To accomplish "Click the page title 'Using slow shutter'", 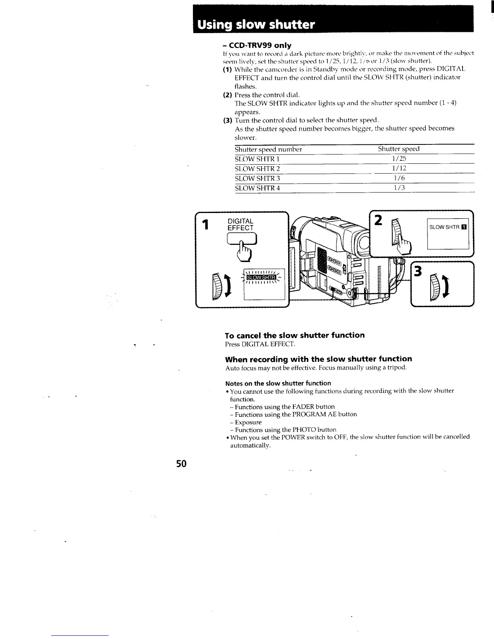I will (x=255, y=25).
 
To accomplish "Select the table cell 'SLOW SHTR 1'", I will (x=257, y=159).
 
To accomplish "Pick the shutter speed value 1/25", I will (x=399, y=159).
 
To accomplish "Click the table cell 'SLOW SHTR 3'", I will (x=257, y=178).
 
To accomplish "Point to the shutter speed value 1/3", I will (x=399, y=188).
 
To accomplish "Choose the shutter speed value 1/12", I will (x=399, y=169).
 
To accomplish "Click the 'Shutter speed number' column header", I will (x=268, y=149).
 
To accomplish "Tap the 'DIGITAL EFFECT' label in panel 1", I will (x=241, y=225).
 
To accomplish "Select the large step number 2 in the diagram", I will (x=378, y=221).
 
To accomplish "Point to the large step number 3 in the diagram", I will (x=418, y=271).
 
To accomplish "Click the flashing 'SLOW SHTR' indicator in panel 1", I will (x=261, y=277).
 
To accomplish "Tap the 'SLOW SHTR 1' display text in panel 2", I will (x=448, y=227).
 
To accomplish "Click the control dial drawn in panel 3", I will (x=436, y=286).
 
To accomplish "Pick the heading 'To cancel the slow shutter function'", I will (x=295, y=335).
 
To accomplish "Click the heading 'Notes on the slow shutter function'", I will (x=278, y=383).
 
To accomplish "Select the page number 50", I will (x=182, y=464).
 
